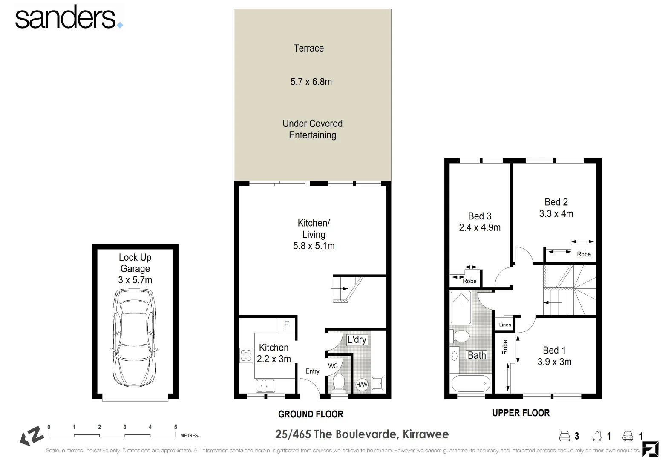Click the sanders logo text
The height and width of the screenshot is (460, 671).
coord(66,18)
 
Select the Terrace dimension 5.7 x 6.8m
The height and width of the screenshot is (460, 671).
coord(311,82)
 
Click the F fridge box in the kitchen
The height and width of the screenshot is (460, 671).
coord(286,325)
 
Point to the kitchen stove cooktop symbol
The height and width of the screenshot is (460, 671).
coord(246,355)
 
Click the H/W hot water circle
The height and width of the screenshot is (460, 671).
coord(361,385)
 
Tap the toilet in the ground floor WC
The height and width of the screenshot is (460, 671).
coord(339,382)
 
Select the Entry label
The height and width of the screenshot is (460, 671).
coord(312,371)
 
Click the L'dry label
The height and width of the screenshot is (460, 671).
coord(357,339)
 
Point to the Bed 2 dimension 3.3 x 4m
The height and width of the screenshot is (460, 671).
coord(556,214)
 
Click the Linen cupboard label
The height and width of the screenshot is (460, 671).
coord(505,325)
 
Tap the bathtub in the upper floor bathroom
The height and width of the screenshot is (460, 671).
coord(471,383)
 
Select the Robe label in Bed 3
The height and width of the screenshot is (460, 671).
coord(469,281)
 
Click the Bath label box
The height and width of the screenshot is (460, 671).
coord(476,355)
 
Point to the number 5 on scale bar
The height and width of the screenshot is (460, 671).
coord(176,427)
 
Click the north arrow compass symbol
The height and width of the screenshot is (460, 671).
coord(32,436)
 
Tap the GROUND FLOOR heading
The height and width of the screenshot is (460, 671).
coord(311,414)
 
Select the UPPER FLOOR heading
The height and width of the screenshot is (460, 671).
coord(521,413)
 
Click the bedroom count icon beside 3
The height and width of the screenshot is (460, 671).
coord(564,436)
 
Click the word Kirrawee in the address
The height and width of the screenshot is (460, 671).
coord(425,434)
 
